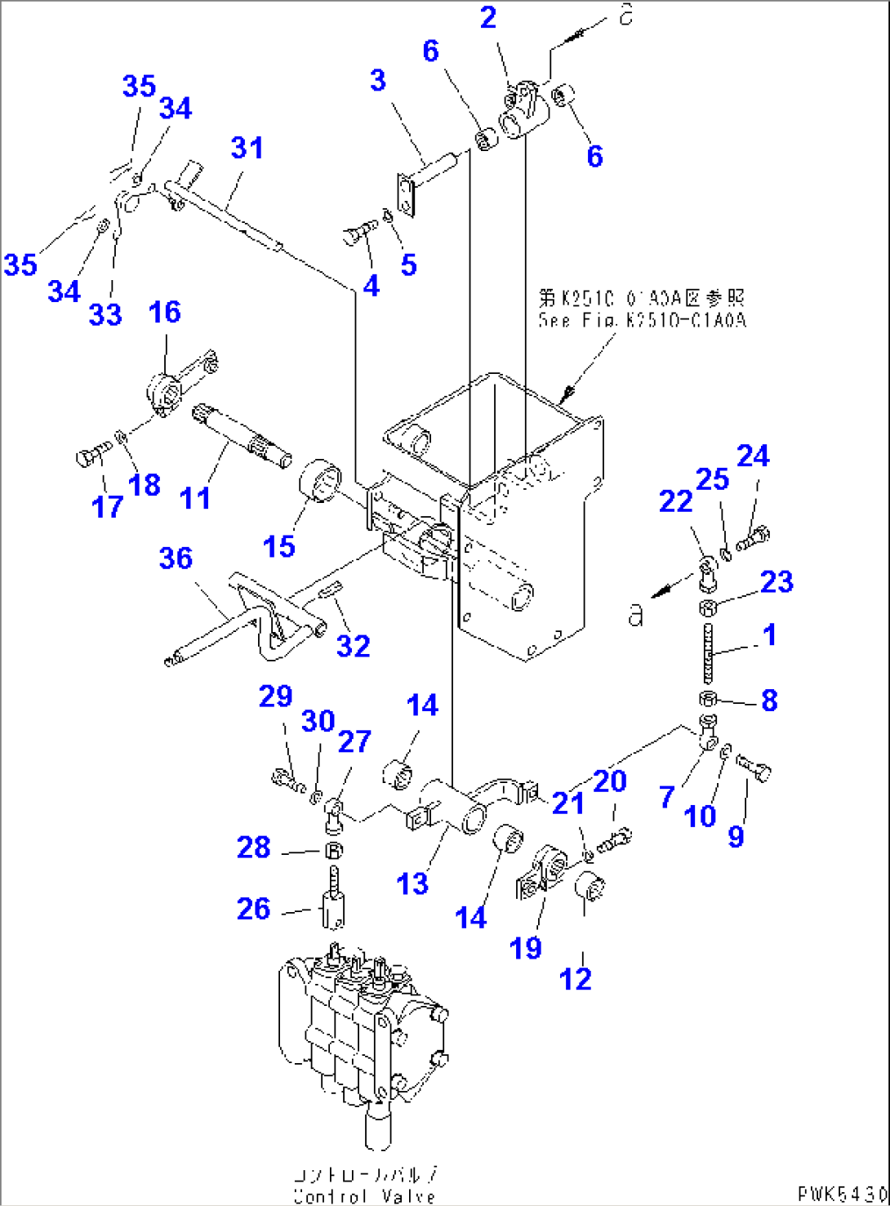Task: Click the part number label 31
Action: click(x=247, y=148)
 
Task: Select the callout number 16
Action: click(x=164, y=312)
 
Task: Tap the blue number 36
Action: click(x=176, y=558)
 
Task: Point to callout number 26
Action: click(x=253, y=908)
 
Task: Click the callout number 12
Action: click(x=575, y=977)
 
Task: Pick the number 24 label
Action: click(x=753, y=456)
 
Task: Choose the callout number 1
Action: click(x=768, y=634)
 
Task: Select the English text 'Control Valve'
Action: click(x=364, y=1195)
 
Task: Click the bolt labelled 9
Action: click(x=754, y=768)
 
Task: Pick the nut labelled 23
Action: click(x=708, y=607)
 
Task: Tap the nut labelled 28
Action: click(x=334, y=850)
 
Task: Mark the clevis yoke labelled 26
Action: click(x=332, y=905)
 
